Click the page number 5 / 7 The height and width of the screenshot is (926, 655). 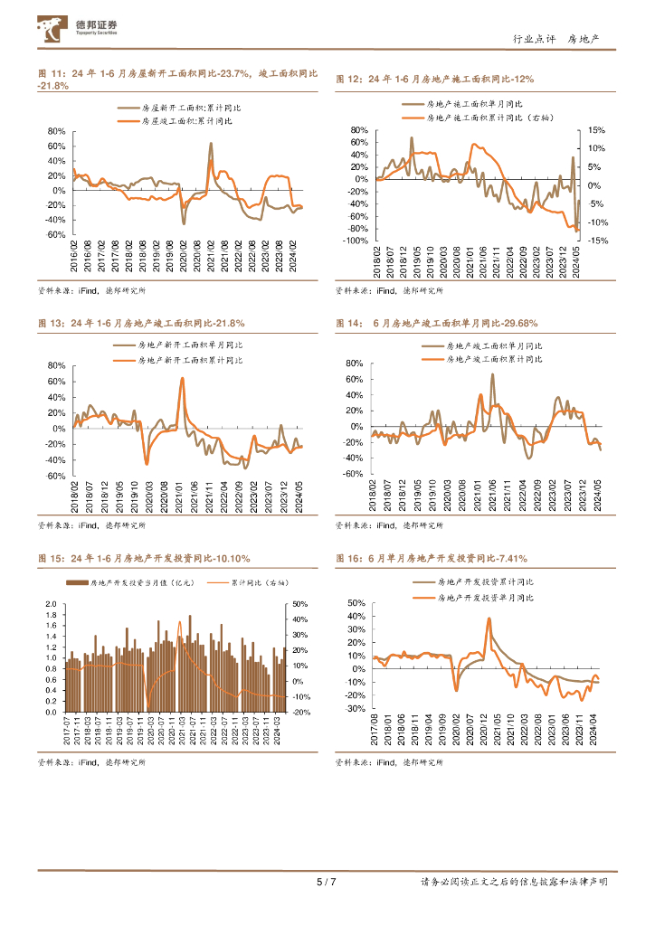tap(327, 882)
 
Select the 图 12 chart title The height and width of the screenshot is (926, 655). tap(435, 80)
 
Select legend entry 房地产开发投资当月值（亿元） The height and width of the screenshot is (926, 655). tap(144, 584)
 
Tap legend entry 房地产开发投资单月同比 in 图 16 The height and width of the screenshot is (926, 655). tap(485, 598)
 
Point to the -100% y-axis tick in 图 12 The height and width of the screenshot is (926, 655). tap(355, 241)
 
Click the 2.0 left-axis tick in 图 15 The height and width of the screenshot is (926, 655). tap(51, 604)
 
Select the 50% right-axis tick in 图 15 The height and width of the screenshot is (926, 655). tap(299, 604)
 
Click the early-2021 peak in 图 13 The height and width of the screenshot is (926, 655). tap(182, 378)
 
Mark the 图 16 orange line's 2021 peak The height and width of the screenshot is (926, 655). tap(489, 619)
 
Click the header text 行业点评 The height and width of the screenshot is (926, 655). tap(531, 40)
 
